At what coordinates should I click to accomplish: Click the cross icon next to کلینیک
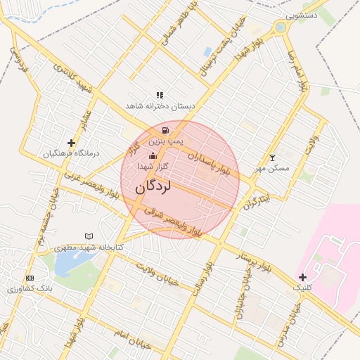coord(303,277)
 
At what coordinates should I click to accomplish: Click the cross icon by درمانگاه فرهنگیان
coord(71,143)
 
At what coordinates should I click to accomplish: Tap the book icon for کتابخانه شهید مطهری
coord(89,236)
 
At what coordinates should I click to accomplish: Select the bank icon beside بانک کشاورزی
coord(29,278)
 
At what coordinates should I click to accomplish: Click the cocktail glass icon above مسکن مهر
coord(273,157)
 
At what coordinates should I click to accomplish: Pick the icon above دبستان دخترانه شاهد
coord(160,95)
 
